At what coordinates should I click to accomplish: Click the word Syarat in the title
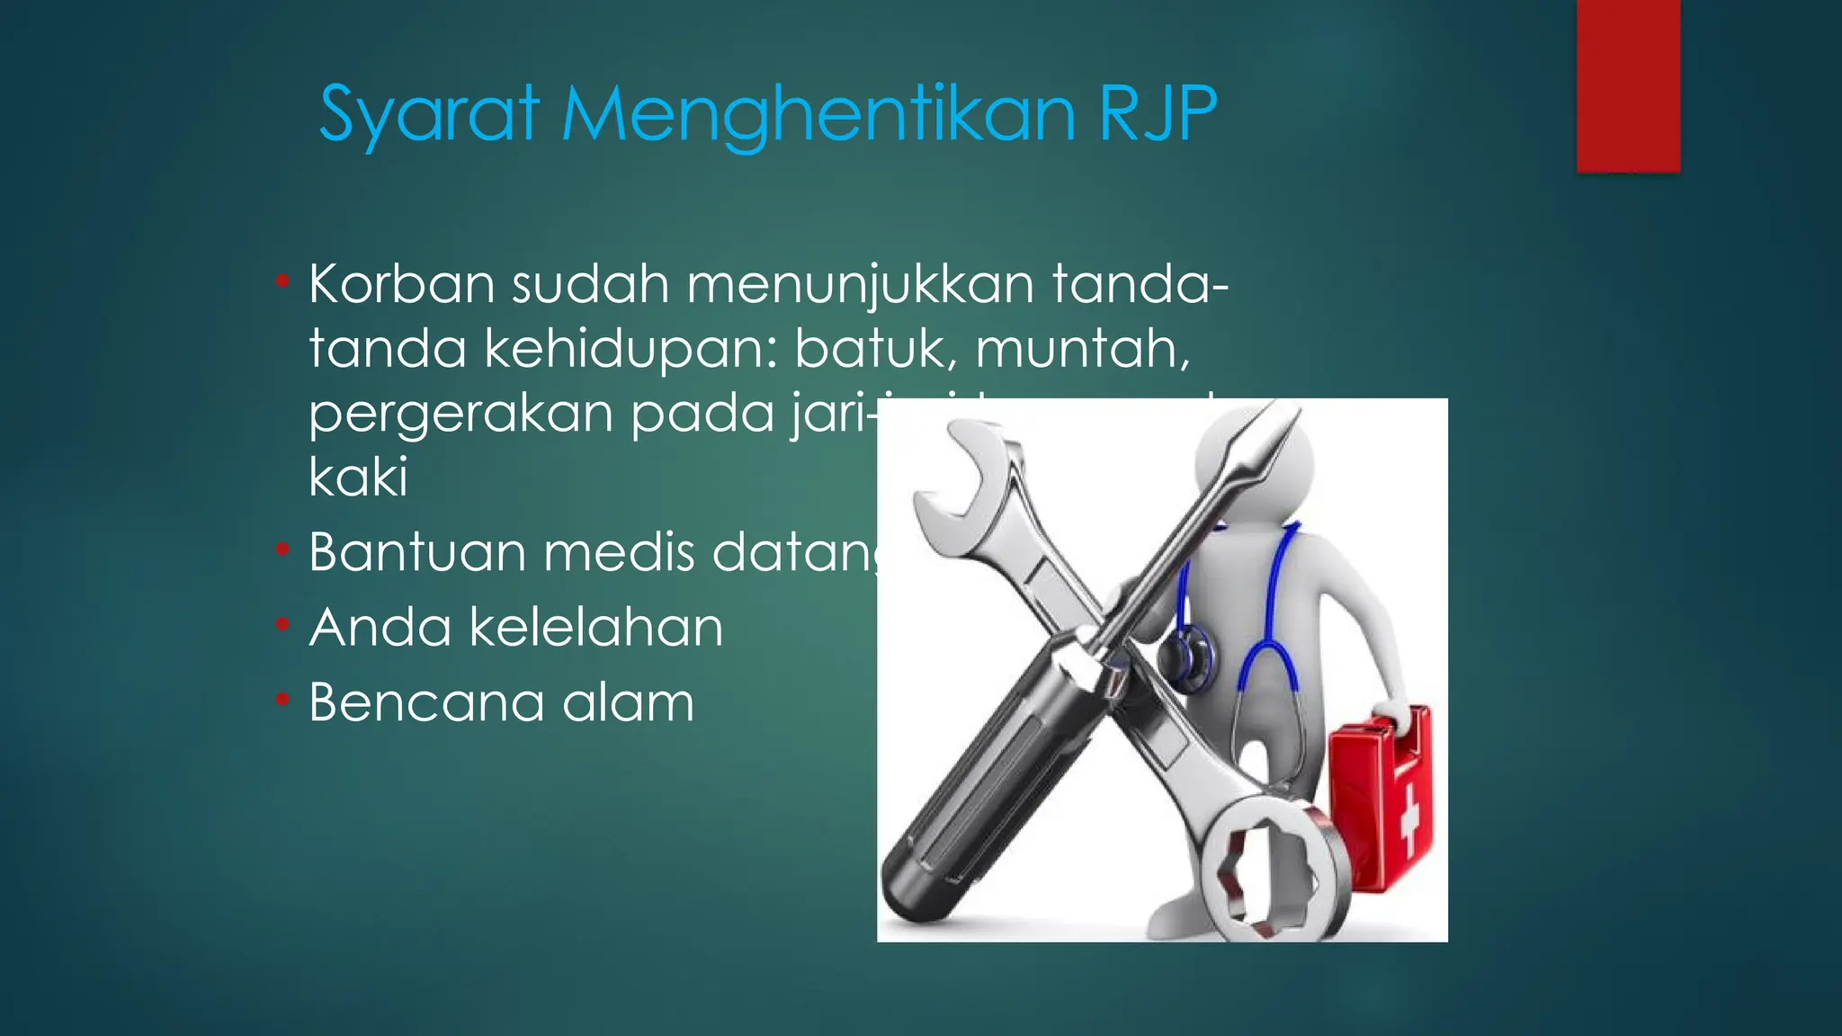[x=429, y=114]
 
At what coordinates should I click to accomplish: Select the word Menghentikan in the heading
[x=818, y=114]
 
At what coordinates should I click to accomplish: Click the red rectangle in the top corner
[x=1628, y=85]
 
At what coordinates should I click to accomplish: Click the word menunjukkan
[x=861, y=284]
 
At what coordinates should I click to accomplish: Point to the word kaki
[x=358, y=477]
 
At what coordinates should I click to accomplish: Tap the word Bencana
[x=425, y=701]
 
